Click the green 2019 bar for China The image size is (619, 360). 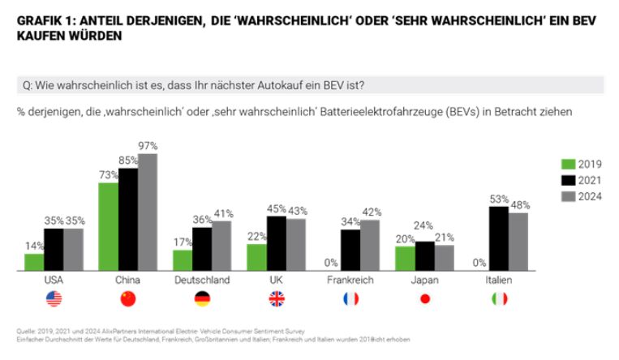tap(108, 226)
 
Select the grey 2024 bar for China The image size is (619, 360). tap(147, 212)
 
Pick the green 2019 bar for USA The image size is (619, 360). tap(34, 262)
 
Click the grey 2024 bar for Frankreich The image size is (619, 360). tap(369, 245)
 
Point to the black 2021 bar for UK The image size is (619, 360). tap(277, 243)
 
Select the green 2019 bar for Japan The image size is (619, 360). tap(405, 258)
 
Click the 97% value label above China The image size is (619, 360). tap(148, 146)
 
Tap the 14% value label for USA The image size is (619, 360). tap(34, 246)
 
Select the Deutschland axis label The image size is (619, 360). tap(202, 280)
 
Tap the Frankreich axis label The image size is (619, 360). tap(350, 280)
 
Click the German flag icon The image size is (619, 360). tap(202, 299)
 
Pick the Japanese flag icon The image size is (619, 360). tap(424, 299)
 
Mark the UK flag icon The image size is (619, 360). tap(277, 299)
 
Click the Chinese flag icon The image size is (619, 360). tap(127, 299)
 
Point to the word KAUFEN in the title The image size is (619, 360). tap(41, 36)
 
